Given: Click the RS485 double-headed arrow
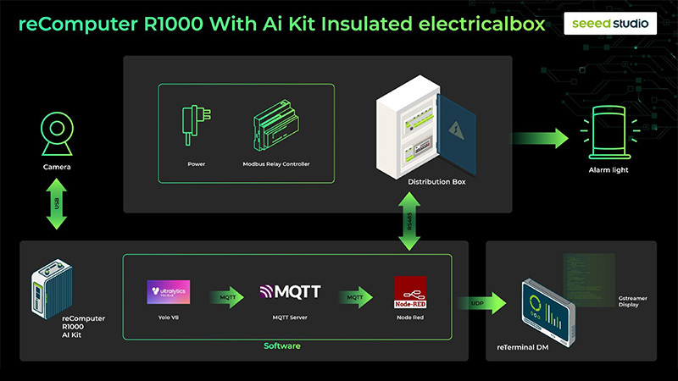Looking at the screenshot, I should pyautogui.click(x=410, y=222).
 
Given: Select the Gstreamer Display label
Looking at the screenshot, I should pyautogui.click(x=628, y=301).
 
